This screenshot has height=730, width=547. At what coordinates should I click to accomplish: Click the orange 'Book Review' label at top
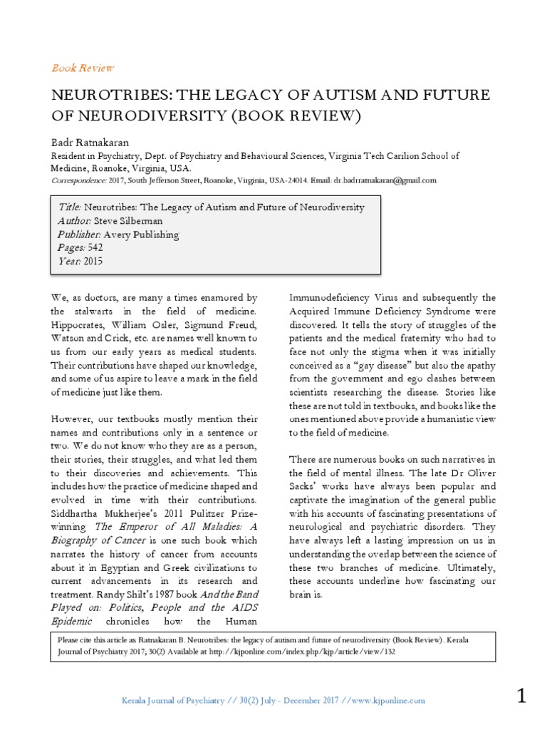click(83, 68)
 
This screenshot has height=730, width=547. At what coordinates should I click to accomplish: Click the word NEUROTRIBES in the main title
click(118, 96)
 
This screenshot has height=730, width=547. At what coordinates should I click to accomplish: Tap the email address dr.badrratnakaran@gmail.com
click(384, 180)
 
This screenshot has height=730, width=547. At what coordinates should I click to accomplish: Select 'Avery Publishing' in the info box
click(142, 235)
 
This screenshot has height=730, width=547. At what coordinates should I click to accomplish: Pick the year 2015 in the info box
click(94, 262)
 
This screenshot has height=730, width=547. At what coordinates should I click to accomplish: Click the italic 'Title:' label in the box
click(70, 207)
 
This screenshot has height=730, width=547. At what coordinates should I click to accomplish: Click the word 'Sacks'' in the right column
click(304, 487)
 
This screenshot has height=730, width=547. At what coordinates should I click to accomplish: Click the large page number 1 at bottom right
click(521, 696)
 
